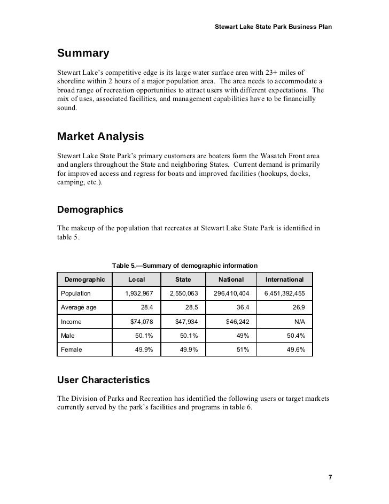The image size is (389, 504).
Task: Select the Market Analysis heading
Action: click(100, 137)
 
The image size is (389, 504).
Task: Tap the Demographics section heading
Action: click(90, 210)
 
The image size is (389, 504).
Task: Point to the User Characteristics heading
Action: click(103, 381)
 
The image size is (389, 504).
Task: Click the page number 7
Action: click(330, 477)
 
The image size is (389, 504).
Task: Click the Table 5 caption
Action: click(185, 266)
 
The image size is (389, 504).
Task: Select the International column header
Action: click(285, 280)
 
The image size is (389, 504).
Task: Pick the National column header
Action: click(231, 280)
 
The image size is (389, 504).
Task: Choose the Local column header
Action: click(136, 280)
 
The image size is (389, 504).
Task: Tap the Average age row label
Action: click(79, 307)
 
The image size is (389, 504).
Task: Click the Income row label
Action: click(71, 322)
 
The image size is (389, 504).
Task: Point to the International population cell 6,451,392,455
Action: click(284, 293)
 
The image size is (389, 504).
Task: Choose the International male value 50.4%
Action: click(295, 336)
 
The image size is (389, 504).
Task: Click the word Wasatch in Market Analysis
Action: click(257, 154)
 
